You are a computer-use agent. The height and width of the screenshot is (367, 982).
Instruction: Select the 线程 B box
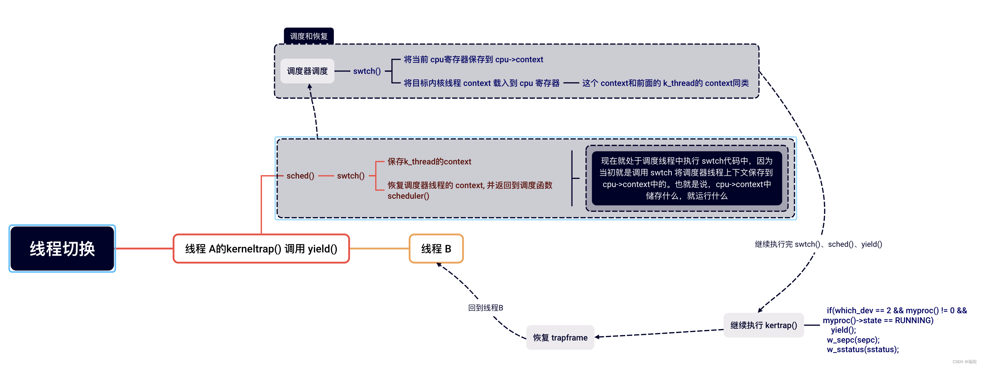pos(436,249)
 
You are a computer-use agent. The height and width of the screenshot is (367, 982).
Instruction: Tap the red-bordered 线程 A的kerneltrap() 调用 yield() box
pos(261,249)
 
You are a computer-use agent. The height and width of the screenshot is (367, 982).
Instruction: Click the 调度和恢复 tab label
pos(308,36)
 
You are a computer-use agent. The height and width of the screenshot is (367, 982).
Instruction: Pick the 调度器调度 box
pos(307,71)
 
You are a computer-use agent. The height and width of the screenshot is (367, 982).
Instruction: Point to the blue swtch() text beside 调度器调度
pos(367,71)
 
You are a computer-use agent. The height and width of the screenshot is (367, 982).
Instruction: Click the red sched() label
pos(300,175)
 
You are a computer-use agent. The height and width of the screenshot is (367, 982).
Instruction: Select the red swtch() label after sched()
pos(351,175)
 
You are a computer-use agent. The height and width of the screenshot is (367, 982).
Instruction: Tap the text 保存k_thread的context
pos(429,161)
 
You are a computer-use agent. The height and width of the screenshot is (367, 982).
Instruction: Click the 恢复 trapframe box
pos(560,337)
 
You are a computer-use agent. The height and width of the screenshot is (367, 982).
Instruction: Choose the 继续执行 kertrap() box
pos(764,325)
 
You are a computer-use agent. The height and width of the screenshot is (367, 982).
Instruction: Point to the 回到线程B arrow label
pos(485,308)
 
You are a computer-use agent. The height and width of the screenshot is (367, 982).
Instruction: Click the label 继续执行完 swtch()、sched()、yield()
pos(818,244)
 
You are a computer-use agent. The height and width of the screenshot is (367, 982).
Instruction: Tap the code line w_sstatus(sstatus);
pos(863,349)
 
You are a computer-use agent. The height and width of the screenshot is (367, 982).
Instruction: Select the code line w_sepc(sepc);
pos(853,339)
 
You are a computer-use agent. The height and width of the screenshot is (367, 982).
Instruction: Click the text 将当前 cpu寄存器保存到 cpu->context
pos(473,59)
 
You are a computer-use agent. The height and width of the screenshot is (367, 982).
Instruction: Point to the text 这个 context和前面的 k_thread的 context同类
pos(665,83)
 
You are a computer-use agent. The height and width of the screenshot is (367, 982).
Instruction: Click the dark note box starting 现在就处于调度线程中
pos(687,178)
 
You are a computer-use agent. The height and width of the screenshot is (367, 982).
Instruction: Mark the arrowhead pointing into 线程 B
pos(439,264)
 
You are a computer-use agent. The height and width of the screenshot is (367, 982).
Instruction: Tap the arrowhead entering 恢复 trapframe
pos(597,337)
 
